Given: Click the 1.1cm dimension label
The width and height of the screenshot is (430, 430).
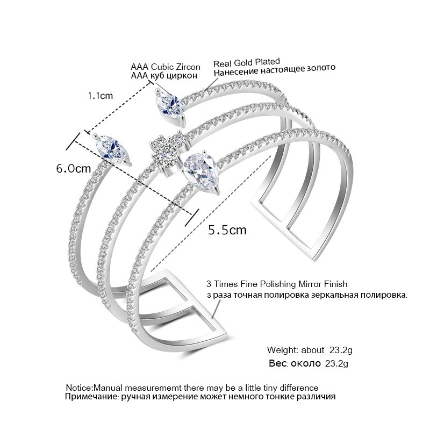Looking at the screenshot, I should tap(101, 96).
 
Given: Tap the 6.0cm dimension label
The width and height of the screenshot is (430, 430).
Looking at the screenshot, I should tap(73, 168).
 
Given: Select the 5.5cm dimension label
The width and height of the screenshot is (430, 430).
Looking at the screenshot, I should tap(227, 230).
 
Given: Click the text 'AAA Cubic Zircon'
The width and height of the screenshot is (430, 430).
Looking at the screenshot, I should tap(166, 67).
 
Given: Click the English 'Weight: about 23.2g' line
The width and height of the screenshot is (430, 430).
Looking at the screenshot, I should tap(307, 350).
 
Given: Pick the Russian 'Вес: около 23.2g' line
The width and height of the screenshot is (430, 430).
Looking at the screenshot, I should tap(309, 364).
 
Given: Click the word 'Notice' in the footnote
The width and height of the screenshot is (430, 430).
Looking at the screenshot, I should tap(78, 388).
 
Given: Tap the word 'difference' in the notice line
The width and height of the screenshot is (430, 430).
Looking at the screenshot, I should tap(299, 388).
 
